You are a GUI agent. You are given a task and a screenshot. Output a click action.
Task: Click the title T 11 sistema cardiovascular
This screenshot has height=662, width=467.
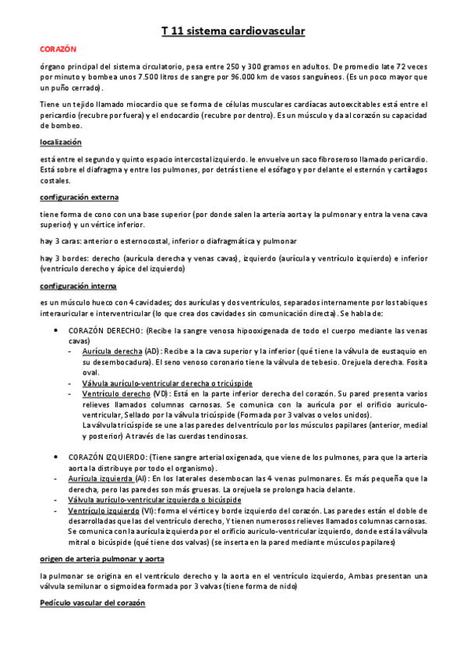tap(233, 31)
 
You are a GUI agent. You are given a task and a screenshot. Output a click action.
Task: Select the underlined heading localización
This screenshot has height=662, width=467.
tap(61, 142)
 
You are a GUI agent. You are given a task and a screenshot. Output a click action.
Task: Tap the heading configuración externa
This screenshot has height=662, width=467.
tap(79, 198)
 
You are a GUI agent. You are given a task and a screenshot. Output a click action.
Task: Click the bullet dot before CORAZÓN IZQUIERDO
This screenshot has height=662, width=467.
tap(55, 455)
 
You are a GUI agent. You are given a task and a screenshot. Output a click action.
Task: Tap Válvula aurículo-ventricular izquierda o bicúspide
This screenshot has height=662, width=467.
tap(154, 500)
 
